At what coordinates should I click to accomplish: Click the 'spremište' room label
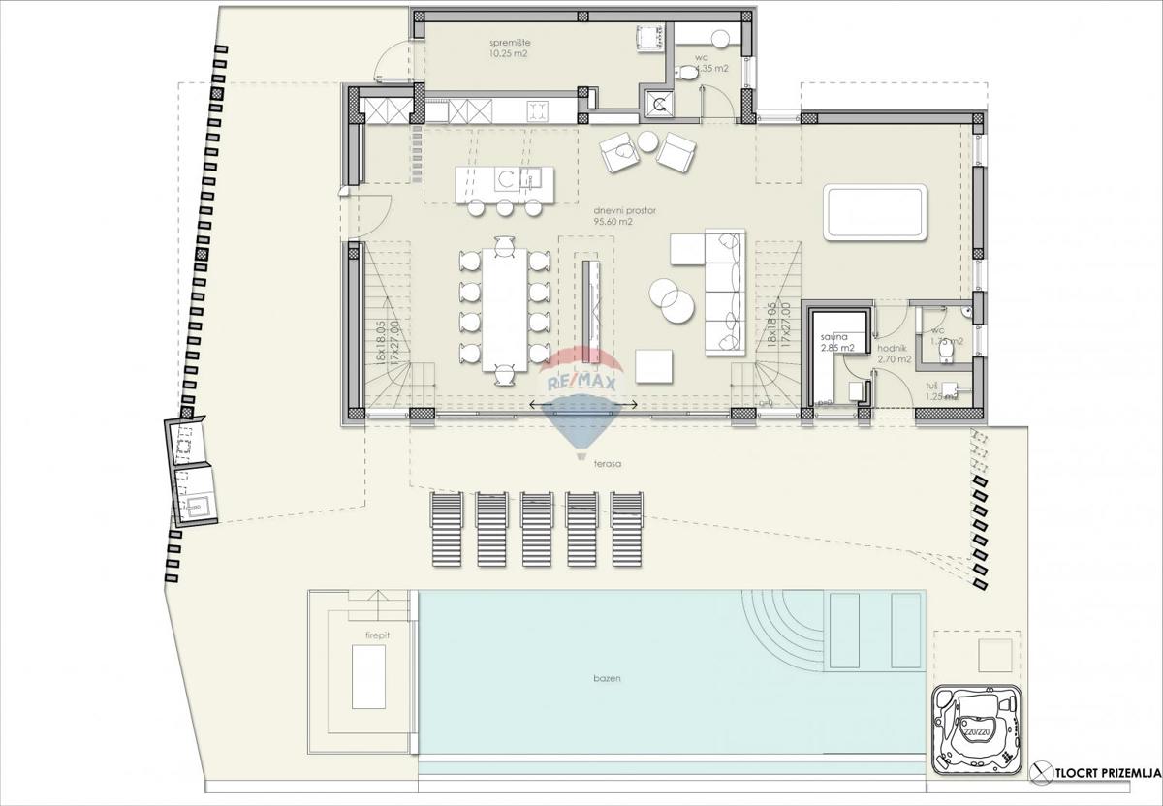click(510, 44)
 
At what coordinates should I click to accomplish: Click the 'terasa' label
click(609, 464)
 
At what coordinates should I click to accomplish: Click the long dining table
click(504, 309)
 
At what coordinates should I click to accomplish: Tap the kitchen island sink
click(530, 177)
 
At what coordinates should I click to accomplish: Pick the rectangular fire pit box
click(367, 676)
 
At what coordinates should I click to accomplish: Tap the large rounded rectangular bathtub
click(875, 212)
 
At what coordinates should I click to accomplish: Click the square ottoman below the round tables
click(654, 366)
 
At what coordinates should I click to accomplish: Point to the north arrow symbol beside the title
click(1043, 770)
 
